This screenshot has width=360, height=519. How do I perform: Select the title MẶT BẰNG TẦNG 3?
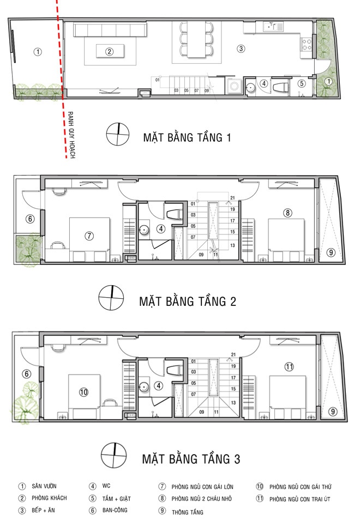(191, 458)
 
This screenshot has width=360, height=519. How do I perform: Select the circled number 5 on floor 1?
(302, 83)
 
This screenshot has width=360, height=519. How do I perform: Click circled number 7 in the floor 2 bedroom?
(89, 236)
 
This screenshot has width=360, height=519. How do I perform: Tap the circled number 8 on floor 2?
(287, 213)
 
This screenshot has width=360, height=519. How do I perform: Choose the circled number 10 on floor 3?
(83, 391)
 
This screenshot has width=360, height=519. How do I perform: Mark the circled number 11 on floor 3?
(289, 366)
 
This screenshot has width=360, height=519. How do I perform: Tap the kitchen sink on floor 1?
(271, 26)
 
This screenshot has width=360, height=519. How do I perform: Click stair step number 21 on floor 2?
(232, 198)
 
